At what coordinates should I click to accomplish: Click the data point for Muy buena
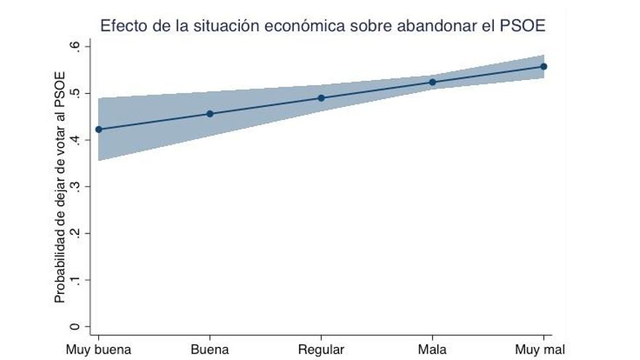[x=99, y=129]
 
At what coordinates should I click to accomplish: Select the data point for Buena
[x=210, y=113]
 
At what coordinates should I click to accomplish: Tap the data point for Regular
[x=321, y=97]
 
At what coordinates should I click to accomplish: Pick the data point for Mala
[x=433, y=82]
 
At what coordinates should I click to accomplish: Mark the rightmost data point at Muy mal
[x=544, y=66]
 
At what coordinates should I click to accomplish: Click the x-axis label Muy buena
[x=99, y=350]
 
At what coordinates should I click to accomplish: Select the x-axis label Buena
[x=210, y=350]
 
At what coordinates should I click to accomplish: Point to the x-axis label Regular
[x=321, y=350]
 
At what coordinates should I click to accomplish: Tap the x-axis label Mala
[x=433, y=350]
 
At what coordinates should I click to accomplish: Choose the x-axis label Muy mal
[x=540, y=350]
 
